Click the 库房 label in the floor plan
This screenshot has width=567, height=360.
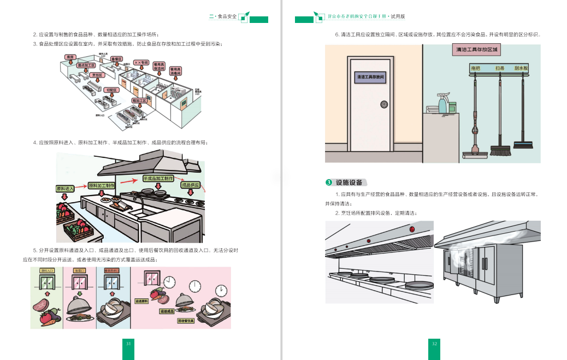coord(70,57)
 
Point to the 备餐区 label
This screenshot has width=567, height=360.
coord(117,59)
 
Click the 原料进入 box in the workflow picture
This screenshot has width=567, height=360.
coord(66,189)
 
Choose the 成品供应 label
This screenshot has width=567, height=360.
coord(191,185)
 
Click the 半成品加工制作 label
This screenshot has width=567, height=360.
coord(158,179)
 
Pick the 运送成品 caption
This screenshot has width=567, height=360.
coord(167,311)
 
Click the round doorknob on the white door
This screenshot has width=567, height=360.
coord(384,104)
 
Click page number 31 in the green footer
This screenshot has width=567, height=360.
coord(128,344)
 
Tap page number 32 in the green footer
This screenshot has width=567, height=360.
coord(434,344)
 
